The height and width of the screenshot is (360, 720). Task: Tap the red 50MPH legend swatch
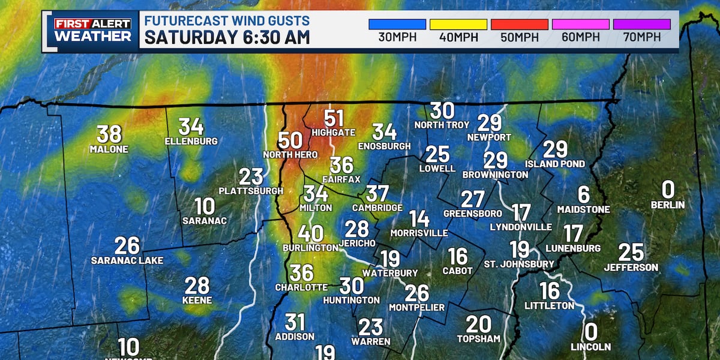[x=520, y=25]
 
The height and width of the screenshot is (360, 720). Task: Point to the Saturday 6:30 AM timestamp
[x=227, y=37]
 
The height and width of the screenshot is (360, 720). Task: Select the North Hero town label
[x=290, y=155]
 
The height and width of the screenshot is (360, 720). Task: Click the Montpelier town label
[x=417, y=307]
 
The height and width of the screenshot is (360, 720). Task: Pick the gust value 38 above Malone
[x=109, y=134]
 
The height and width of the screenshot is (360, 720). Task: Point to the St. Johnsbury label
[x=520, y=263]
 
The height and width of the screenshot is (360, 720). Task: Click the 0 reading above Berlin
[x=668, y=190]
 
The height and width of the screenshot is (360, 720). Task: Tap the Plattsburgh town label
[x=251, y=191]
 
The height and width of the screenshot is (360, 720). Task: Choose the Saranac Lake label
[x=127, y=260]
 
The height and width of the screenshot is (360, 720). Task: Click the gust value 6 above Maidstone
[x=583, y=194]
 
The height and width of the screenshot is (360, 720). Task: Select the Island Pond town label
[x=555, y=163]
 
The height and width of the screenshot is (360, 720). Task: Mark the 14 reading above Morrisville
[x=419, y=218]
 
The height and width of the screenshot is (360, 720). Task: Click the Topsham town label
[x=479, y=338]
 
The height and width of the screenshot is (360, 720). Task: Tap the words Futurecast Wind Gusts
[x=227, y=21]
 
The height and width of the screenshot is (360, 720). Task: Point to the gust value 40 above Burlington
[x=310, y=233]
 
